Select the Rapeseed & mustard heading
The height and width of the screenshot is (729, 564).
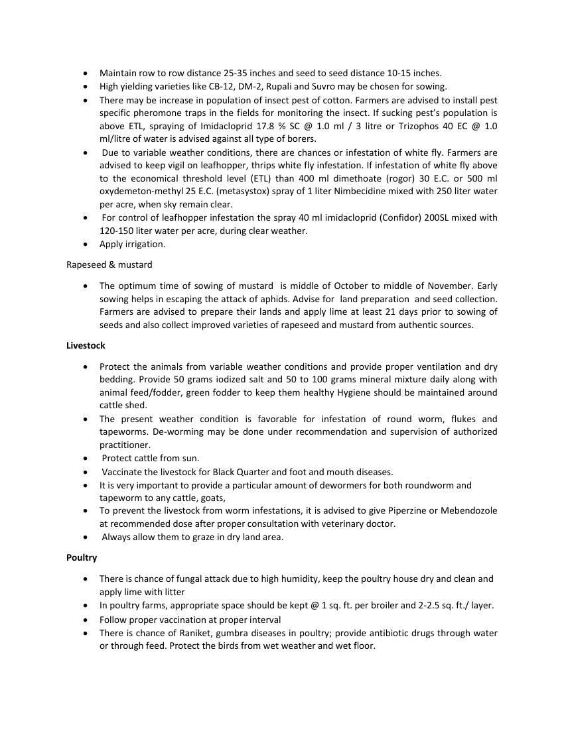click(x=109, y=264)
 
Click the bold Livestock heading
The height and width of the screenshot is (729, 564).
click(x=86, y=345)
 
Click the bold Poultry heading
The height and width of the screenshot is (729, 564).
click(x=82, y=557)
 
